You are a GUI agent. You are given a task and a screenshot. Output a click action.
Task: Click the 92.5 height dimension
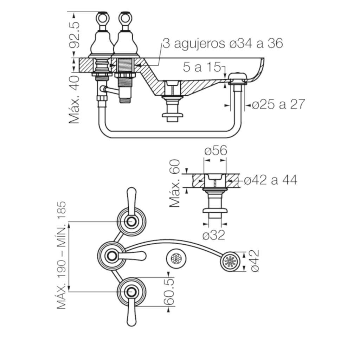[75, 35]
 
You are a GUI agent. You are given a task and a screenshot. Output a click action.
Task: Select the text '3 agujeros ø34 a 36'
[223, 43]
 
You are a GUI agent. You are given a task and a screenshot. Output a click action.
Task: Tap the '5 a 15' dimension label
[202, 67]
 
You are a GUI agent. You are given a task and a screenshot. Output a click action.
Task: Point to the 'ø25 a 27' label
[278, 104]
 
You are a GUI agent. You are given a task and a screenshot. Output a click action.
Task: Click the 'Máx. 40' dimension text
[74, 99]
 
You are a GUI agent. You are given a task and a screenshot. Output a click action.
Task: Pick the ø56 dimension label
[216, 150]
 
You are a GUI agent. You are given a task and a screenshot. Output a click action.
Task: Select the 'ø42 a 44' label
[270, 180]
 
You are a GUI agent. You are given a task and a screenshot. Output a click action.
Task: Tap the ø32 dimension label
[214, 235]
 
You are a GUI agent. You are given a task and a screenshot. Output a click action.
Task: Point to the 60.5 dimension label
[169, 292]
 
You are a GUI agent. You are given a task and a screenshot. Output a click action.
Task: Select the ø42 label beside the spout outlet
[255, 261]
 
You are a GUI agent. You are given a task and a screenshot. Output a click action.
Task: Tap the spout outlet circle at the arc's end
[230, 262]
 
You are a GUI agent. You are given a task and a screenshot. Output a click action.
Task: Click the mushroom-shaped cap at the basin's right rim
[238, 77]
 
